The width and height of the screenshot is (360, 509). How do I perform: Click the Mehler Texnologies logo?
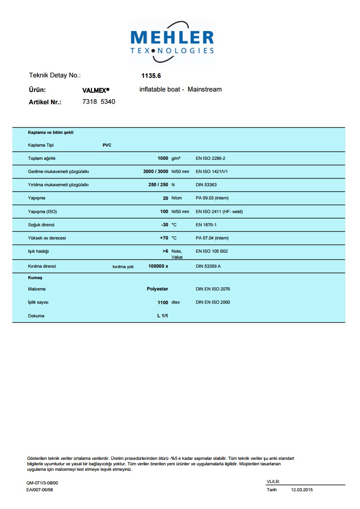(x=172, y=42)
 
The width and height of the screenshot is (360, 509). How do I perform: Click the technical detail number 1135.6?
(x=151, y=76)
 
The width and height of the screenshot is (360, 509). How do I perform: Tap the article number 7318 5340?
(x=99, y=102)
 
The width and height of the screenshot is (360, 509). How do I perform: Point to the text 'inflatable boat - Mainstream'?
(x=181, y=89)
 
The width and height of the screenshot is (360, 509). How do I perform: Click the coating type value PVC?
(x=107, y=145)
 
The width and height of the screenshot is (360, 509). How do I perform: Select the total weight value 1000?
(x=162, y=158)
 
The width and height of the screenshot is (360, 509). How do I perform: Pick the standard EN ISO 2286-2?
(x=210, y=158)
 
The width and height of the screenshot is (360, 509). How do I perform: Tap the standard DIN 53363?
(x=205, y=185)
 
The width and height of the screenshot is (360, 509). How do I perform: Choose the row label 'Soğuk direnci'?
(x=41, y=225)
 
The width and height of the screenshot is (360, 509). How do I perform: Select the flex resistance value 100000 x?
(x=158, y=266)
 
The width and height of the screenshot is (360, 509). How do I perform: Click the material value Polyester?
(x=157, y=289)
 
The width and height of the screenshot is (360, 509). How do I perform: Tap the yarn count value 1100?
(x=162, y=302)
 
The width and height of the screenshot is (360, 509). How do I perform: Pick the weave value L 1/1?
(x=162, y=316)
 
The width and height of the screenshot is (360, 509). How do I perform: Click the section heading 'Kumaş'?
(x=35, y=277)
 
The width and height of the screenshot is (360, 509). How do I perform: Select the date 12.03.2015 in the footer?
(x=302, y=490)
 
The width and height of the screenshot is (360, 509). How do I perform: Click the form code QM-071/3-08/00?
(x=42, y=483)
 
